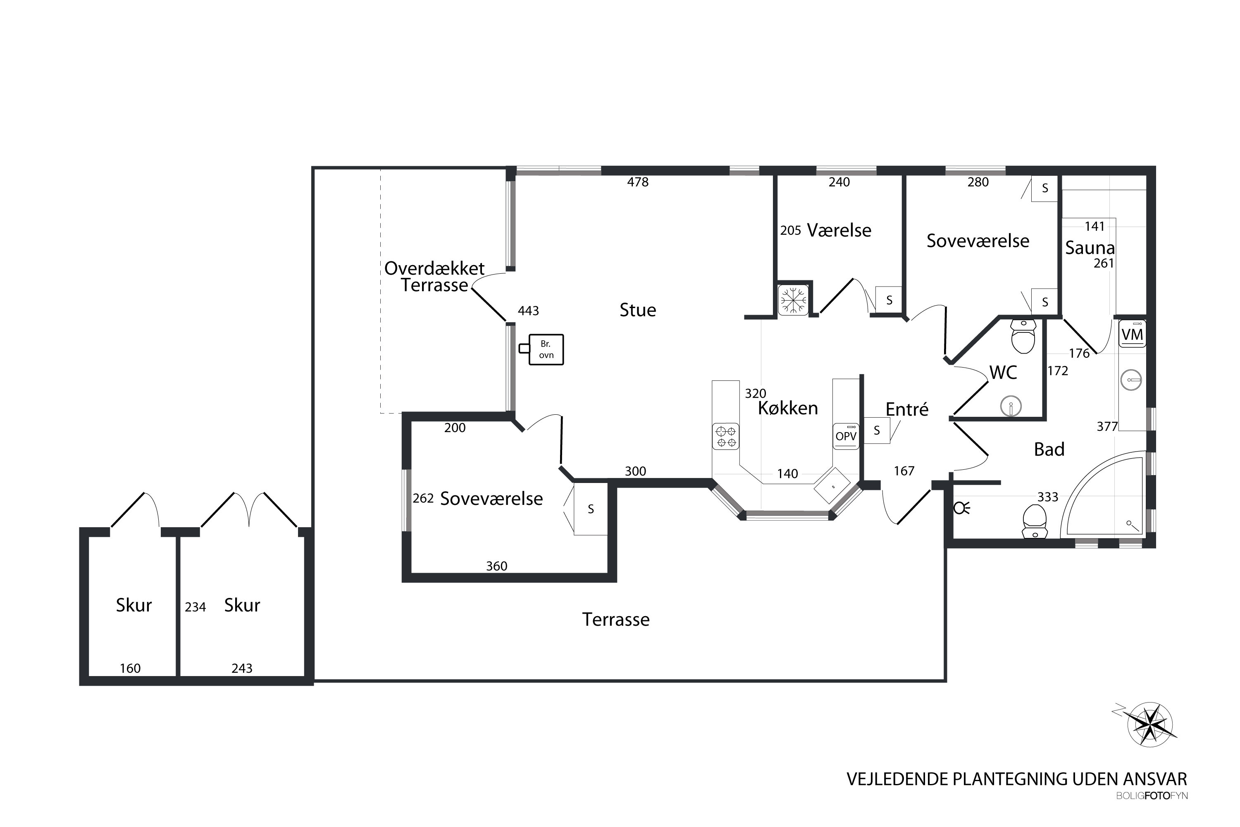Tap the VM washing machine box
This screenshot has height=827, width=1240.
[x=1132, y=334]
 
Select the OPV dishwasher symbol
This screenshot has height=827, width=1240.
[x=846, y=436]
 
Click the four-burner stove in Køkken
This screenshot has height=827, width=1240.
[x=725, y=436]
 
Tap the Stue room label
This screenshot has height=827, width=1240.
[x=638, y=310]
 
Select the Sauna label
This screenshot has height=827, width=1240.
[x=1090, y=248]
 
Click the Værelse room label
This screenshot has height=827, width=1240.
[x=839, y=230]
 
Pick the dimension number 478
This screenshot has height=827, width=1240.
[x=638, y=182]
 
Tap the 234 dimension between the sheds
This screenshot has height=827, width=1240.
[x=195, y=607]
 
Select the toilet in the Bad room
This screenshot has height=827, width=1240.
[x=1035, y=521]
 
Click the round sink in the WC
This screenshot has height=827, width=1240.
[x=1011, y=406]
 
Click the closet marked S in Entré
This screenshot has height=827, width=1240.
[x=877, y=430]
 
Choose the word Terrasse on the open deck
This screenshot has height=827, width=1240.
[x=616, y=620]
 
